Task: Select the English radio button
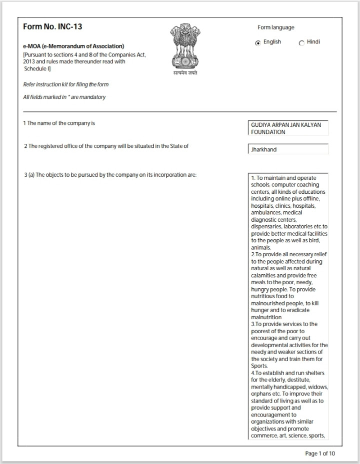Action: (x=258, y=43)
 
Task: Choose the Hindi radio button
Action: (x=301, y=43)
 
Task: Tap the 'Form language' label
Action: (x=276, y=27)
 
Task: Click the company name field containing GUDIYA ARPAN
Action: (x=288, y=128)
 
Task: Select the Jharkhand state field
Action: (x=288, y=149)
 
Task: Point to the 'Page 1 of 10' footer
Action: (x=320, y=454)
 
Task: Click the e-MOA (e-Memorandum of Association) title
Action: (x=73, y=46)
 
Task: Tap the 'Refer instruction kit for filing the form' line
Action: (x=66, y=85)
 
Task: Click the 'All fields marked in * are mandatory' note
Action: (x=64, y=97)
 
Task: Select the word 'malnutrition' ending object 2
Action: (x=266, y=317)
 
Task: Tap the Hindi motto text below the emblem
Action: (x=185, y=73)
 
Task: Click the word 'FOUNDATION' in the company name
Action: (x=268, y=132)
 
